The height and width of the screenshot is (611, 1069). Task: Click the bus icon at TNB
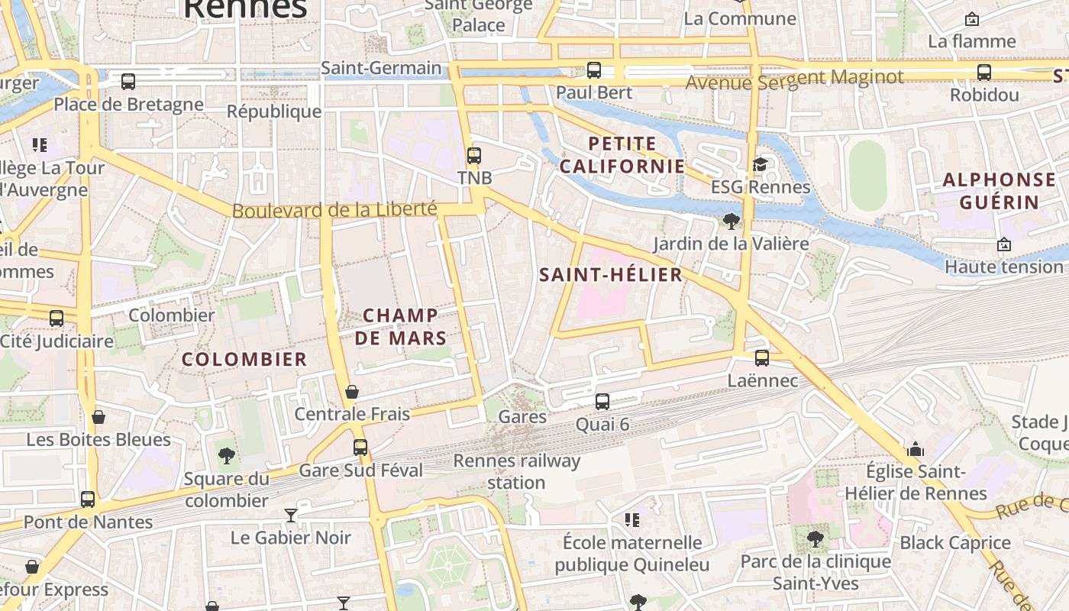pos(474,156)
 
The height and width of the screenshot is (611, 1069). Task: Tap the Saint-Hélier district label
pos(611,275)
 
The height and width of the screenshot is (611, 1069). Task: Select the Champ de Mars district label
pos(401,326)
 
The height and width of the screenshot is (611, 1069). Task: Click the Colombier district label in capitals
pos(244,359)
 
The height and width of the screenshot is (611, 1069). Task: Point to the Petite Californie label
pos(622,154)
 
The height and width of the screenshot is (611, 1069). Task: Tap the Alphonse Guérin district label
pos(1000,191)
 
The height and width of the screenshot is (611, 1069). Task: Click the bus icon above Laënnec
pos(762,357)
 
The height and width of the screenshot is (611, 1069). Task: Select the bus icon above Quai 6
pos(602,401)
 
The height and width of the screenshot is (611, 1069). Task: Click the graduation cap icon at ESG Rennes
pos(760,164)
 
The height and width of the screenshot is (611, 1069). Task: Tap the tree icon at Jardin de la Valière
pos(732,221)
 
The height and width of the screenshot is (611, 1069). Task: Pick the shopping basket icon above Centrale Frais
pos(352,392)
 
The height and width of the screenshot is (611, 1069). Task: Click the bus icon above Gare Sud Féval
pos(360,448)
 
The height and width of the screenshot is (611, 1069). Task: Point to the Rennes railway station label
pos(517,471)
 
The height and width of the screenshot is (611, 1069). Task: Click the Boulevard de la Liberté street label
pos(334,209)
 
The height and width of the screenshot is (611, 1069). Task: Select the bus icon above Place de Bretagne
pos(128,81)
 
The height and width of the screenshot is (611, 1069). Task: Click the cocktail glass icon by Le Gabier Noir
pos(291,515)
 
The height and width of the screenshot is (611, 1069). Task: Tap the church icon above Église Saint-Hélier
pos(916,449)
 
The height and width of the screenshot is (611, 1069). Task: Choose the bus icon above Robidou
pos(984,73)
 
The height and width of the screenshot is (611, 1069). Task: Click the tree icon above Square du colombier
pos(227,456)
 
